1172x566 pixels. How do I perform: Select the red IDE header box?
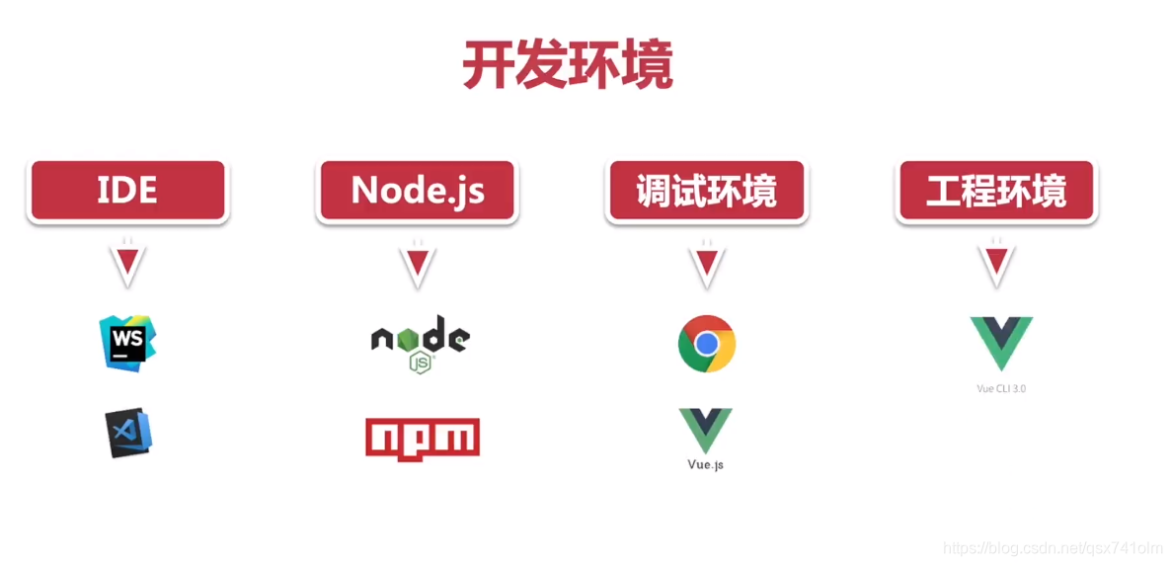click(128, 190)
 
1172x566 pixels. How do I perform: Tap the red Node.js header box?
click(418, 190)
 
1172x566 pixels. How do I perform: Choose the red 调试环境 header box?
click(705, 190)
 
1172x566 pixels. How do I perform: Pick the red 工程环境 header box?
click(996, 190)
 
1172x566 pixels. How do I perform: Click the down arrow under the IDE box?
click(128, 263)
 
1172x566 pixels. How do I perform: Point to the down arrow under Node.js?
click(418, 263)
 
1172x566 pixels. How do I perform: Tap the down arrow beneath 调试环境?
click(705, 263)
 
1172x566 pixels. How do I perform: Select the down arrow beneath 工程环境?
click(996, 263)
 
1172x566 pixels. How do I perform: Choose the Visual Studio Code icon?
click(129, 433)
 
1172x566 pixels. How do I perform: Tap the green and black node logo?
click(421, 342)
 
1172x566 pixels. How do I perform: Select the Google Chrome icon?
click(706, 344)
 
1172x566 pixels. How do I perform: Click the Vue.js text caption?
click(705, 464)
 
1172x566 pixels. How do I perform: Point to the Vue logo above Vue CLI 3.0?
click(1000, 344)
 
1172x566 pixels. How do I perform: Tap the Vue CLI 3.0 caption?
click(1000, 388)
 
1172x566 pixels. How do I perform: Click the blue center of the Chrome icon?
click(706, 344)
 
